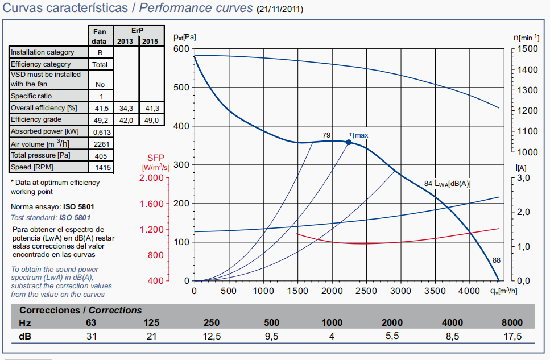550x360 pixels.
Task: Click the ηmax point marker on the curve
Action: pos(349,142)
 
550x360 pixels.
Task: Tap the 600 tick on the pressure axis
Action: pos(181,49)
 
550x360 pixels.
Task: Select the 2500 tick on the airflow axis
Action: pos(366,291)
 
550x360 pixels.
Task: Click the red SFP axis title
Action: pos(155,158)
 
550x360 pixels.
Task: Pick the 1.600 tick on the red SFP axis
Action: pos(151,204)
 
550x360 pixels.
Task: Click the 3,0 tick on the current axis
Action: pos(527,178)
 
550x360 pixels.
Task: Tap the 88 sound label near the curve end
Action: pos(496,260)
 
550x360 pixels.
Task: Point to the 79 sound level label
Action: pos(326,135)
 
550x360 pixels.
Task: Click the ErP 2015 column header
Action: pos(151,42)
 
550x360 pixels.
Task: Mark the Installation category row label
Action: pos(43,52)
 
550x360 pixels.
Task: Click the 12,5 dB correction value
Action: pos(211,336)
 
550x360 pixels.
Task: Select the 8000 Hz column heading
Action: pos(511,323)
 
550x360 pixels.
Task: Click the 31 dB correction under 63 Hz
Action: pos(92,336)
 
